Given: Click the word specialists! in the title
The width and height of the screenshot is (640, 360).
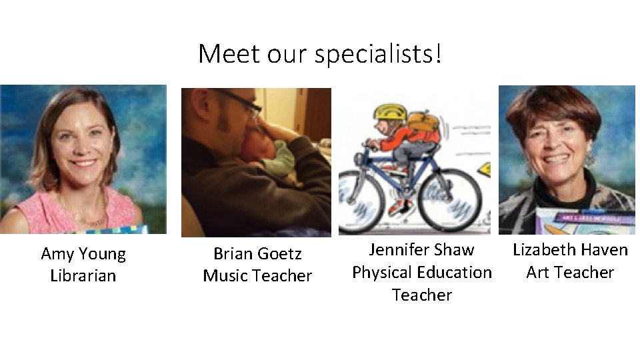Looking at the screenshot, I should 378,54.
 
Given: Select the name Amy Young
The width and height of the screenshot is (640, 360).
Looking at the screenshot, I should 83,254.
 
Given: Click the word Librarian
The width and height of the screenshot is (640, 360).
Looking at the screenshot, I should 83,276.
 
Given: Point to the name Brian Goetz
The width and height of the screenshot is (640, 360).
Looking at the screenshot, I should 257,254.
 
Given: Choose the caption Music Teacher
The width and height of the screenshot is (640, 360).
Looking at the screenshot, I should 257,276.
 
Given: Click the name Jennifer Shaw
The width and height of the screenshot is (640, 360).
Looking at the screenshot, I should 421,250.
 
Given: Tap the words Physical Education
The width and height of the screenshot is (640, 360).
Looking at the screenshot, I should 421,273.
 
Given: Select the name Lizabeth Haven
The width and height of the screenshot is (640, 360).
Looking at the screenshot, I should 570,250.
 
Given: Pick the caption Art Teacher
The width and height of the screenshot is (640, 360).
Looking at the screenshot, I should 570,273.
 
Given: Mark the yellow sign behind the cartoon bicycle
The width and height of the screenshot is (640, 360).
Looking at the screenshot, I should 485,169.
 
